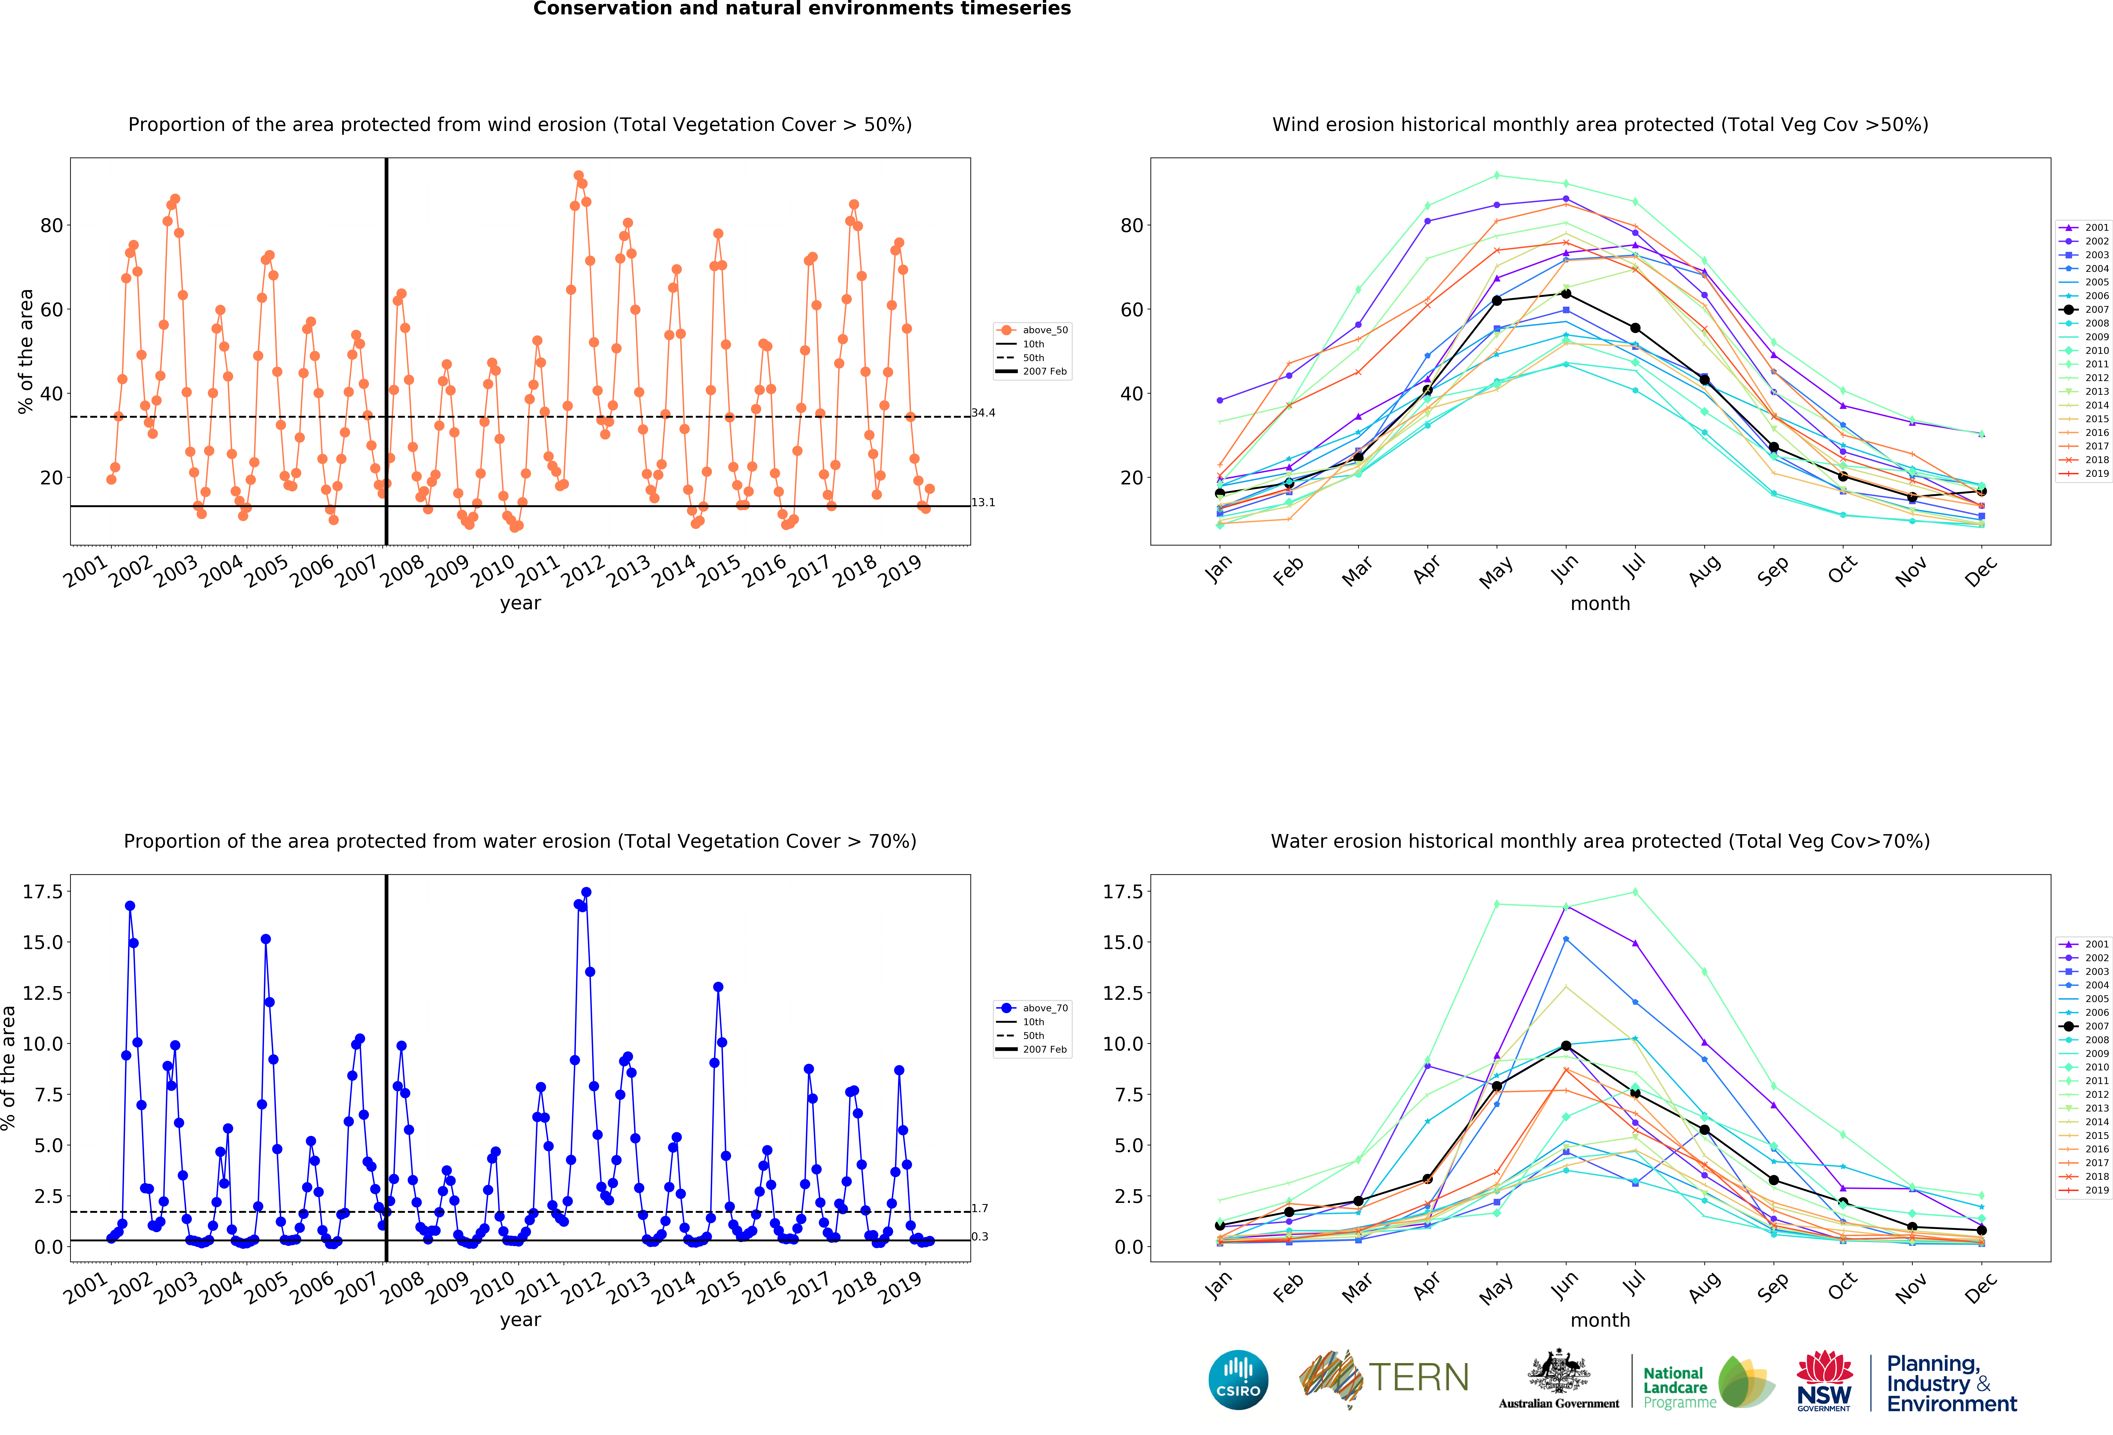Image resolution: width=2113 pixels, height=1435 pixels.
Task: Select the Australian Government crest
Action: [1558, 1371]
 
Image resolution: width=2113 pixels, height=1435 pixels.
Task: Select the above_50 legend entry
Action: [1033, 330]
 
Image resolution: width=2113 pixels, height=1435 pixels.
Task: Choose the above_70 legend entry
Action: [1033, 1008]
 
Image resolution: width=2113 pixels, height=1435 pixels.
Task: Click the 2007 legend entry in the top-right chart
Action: [2084, 309]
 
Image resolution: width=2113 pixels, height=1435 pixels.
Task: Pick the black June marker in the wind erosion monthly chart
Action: [1566, 294]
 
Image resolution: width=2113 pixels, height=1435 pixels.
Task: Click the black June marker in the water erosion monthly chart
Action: [1566, 1046]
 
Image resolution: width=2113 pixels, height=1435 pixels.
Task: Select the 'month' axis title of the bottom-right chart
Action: [1600, 1320]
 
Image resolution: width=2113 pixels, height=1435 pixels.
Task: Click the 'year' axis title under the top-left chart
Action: [520, 603]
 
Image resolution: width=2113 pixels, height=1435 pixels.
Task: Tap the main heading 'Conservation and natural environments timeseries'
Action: [802, 9]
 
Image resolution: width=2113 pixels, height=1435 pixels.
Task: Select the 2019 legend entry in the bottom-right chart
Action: [2084, 1190]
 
